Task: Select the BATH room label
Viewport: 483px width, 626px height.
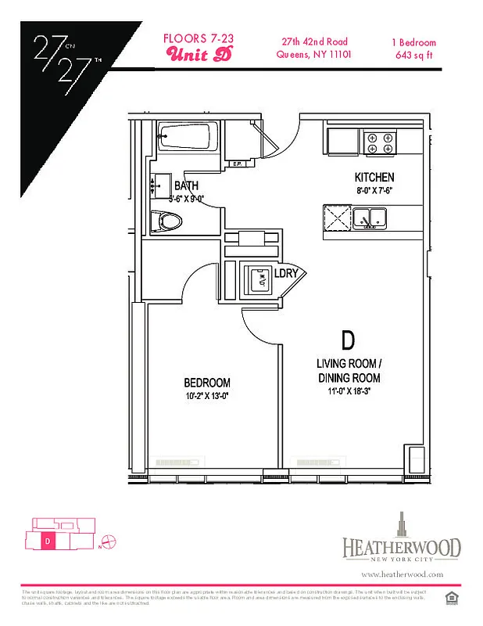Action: [186, 185]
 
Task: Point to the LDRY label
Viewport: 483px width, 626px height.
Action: [286, 274]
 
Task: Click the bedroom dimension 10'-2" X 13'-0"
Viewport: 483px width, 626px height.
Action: [207, 396]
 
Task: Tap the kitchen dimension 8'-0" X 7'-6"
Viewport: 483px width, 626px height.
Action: [374, 191]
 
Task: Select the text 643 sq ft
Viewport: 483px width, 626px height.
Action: [413, 55]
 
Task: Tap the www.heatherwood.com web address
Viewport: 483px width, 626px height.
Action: [402, 574]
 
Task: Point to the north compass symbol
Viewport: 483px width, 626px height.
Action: [109, 539]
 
